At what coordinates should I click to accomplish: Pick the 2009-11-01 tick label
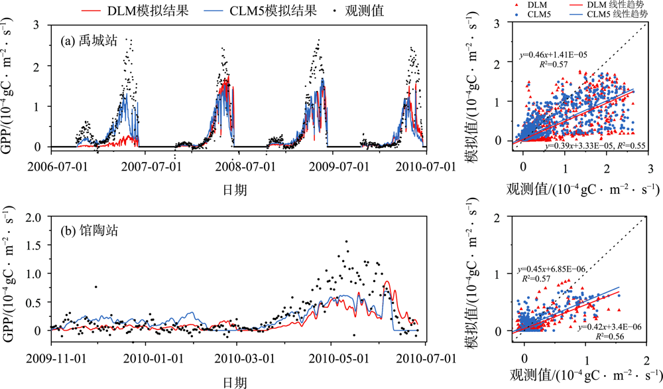click(56, 359)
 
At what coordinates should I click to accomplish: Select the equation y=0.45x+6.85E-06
click(549, 271)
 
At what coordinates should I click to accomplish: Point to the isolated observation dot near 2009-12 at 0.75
click(95, 287)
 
